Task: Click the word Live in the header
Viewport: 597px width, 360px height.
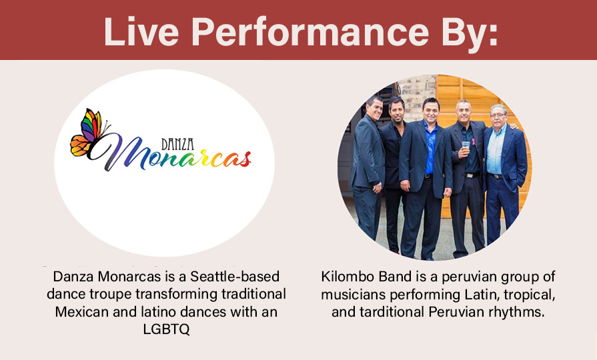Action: pyautogui.click(x=141, y=31)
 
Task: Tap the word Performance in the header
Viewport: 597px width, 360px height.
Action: pyautogui.click(x=310, y=31)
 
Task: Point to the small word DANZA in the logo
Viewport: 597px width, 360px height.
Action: pyautogui.click(x=177, y=144)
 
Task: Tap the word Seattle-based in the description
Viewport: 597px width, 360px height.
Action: pyautogui.click(x=235, y=276)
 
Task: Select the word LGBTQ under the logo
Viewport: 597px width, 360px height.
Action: pyautogui.click(x=166, y=329)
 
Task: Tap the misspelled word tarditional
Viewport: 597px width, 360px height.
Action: pyautogui.click(x=392, y=312)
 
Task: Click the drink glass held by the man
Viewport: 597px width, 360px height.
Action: pyautogui.click(x=466, y=147)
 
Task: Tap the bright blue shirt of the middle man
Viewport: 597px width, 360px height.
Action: pyautogui.click(x=430, y=147)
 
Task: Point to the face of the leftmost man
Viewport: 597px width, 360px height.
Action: pyautogui.click(x=374, y=109)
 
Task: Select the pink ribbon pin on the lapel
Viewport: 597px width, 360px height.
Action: pyautogui.click(x=473, y=142)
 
